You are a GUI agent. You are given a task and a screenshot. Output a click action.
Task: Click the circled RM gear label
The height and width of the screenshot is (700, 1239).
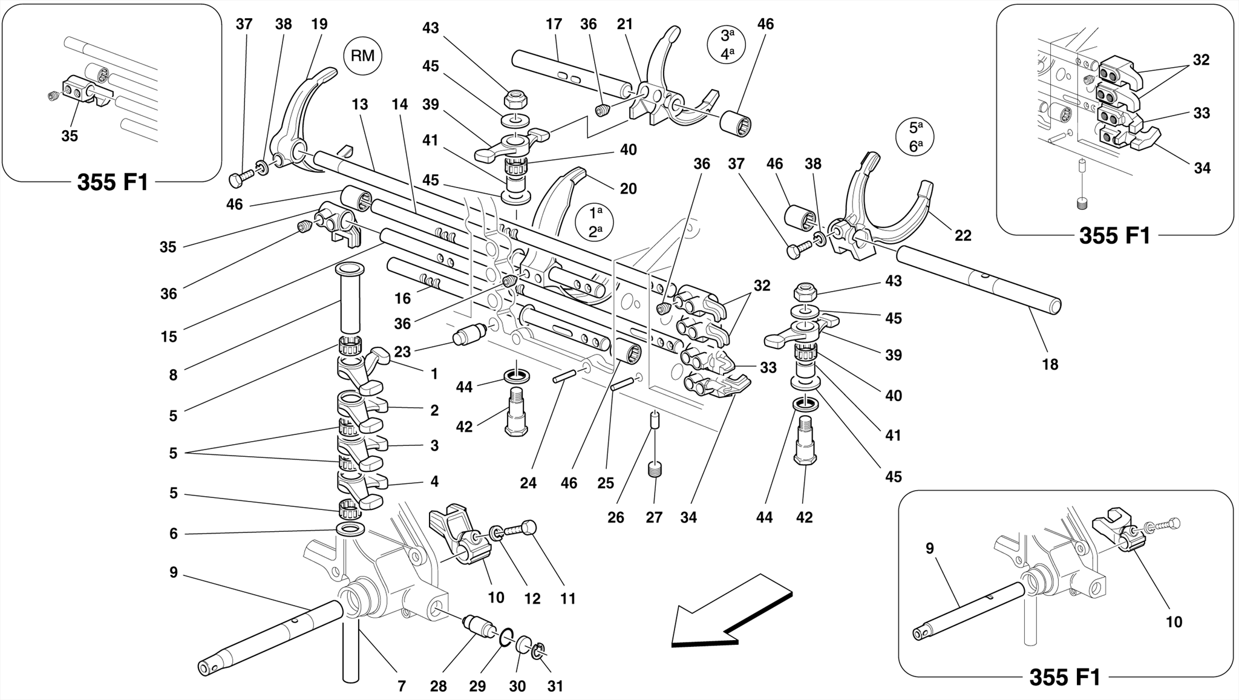[362, 56]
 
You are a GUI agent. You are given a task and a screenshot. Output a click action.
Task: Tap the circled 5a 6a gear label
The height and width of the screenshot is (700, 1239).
[915, 138]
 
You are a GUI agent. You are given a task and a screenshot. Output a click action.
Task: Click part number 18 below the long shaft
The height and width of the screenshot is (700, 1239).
[1050, 364]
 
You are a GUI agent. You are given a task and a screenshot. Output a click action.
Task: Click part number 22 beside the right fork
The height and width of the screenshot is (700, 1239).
[963, 235]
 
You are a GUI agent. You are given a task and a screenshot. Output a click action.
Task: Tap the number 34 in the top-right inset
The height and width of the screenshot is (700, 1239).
[1201, 168]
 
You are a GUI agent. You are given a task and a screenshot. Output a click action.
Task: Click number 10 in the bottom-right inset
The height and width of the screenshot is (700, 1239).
[1174, 622]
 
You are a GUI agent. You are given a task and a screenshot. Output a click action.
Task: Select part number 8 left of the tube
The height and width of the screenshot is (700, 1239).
[173, 375]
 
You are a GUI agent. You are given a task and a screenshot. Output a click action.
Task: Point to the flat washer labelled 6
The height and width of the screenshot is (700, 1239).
[350, 531]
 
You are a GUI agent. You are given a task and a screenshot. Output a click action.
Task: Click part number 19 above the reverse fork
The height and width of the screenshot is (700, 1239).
[319, 24]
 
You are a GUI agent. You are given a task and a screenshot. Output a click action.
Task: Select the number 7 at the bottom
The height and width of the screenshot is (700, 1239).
[401, 686]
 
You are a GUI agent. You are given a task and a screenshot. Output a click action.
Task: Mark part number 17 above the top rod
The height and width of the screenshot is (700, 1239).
[554, 24]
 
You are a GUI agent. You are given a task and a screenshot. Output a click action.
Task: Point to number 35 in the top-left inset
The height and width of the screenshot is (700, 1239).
[70, 136]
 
